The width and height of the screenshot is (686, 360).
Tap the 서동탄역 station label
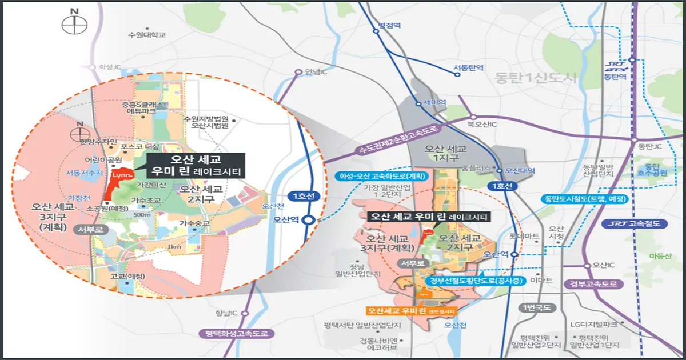click(x=469, y=68)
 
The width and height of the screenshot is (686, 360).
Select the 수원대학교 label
click(x=147, y=35)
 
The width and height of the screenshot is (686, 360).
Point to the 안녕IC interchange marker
click(x=298, y=73)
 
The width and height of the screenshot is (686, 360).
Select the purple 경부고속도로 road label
click(x=595, y=284)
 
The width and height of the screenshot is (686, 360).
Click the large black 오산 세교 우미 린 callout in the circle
click(x=195, y=165)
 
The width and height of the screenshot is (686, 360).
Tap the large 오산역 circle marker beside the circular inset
click(x=309, y=219)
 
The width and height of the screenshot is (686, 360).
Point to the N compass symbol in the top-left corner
click(x=74, y=25)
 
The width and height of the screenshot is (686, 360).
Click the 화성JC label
click(x=109, y=67)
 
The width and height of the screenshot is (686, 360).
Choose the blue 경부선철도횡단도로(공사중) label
click(x=475, y=279)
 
